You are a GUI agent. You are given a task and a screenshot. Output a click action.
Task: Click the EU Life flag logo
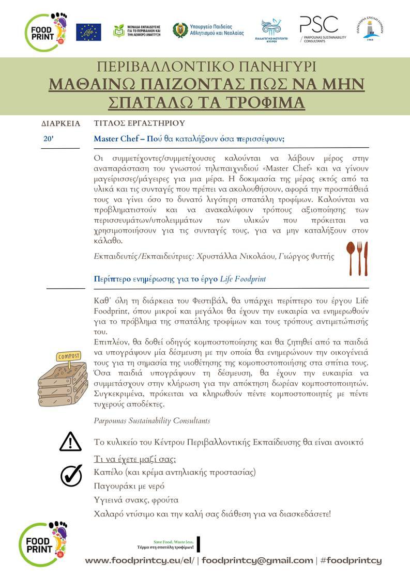[88, 32]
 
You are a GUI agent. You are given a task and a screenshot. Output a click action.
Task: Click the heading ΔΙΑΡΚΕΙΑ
[61, 123]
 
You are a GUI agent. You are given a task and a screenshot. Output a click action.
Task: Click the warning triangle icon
[70, 442]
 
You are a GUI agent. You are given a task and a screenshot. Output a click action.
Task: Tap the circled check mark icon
[71, 475]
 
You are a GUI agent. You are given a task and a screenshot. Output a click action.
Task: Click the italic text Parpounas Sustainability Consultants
[152, 420]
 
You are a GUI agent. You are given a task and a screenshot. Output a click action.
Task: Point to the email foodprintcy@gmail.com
[257, 560]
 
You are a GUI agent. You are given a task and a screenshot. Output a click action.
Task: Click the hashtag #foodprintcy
[351, 560]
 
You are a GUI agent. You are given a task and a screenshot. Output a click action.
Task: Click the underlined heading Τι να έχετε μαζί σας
[135, 459]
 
